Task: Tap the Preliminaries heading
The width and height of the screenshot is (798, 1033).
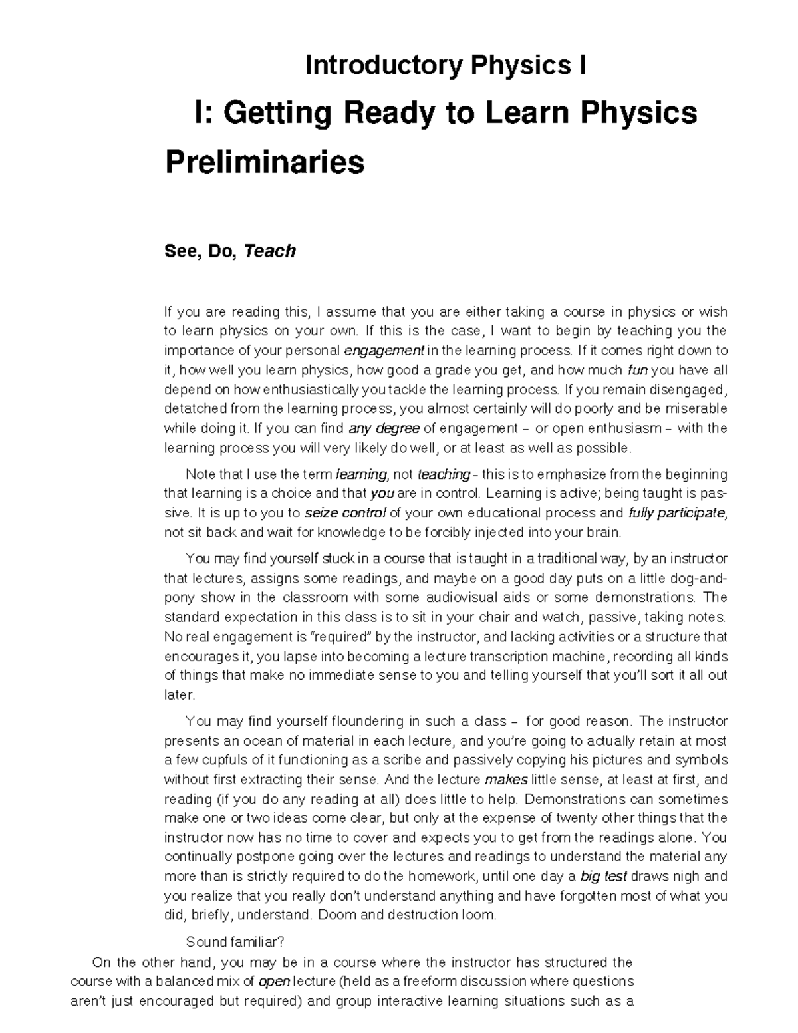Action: pos(265,162)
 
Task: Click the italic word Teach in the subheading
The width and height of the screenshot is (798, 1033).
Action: pos(269,251)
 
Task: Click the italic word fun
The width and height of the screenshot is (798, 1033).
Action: pos(637,370)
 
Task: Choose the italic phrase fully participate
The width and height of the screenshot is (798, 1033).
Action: pos(676,513)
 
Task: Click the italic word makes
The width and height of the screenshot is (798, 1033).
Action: pos(507,779)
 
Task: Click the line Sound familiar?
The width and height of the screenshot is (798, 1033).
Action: pos(235,942)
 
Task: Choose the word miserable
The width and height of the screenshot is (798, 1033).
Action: pos(694,408)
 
